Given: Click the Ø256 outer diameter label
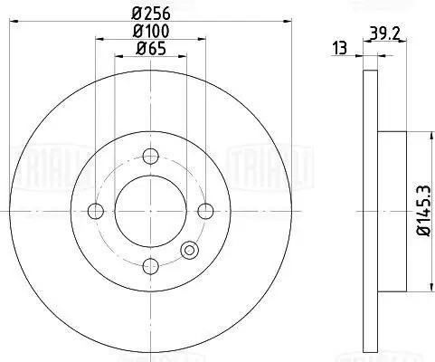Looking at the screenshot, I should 150,13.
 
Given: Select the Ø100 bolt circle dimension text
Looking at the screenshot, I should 149,33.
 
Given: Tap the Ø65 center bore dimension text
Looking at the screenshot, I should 149,51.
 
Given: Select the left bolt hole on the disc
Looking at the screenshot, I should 96,213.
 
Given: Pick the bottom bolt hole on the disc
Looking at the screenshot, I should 150,265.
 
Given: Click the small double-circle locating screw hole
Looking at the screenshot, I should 189,252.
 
